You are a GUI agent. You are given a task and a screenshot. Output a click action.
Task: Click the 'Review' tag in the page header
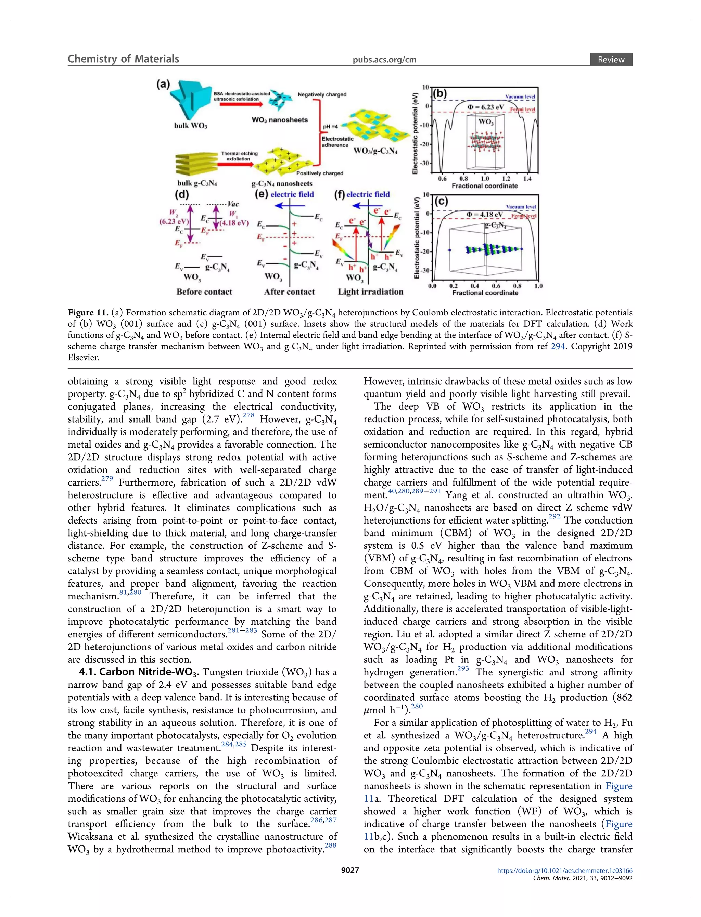pyautogui.click(x=611, y=60)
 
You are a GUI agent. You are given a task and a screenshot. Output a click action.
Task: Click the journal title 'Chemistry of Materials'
pyautogui.click(x=123, y=59)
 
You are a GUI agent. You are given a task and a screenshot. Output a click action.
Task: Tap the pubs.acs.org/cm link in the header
pyautogui.click(x=384, y=60)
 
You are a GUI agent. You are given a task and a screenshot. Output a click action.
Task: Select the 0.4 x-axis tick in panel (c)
pyautogui.click(x=475, y=286)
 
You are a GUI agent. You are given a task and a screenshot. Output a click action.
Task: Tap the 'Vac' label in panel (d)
pyautogui.click(x=233, y=204)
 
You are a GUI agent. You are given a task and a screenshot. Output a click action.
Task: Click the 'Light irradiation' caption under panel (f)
pyautogui.click(x=371, y=292)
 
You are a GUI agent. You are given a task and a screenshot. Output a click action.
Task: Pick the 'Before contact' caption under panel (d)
pyautogui.click(x=204, y=292)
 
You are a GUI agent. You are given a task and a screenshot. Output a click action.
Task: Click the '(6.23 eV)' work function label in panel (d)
pyautogui.click(x=174, y=221)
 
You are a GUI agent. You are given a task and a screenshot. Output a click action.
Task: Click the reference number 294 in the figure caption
pyautogui.click(x=558, y=347)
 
